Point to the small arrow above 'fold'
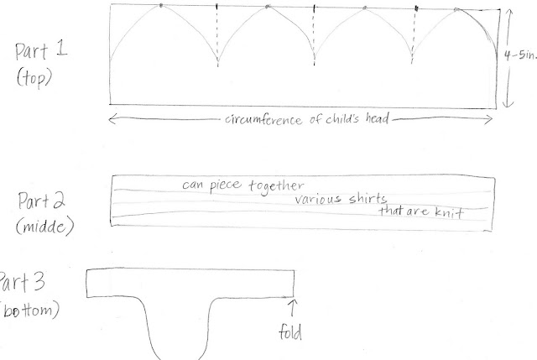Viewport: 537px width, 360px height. coord(291,309)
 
